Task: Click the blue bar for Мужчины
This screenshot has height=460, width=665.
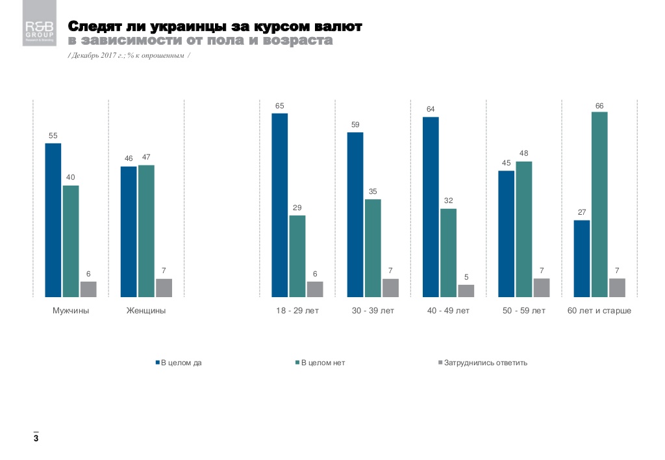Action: pyautogui.click(x=53, y=220)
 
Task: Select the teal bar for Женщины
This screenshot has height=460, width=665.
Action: pyautogui.click(x=146, y=231)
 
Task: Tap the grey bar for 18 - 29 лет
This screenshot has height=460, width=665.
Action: pyautogui.click(x=315, y=289)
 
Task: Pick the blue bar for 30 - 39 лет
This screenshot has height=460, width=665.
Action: pyautogui.click(x=355, y=215)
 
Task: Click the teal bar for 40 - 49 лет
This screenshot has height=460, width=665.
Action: pyautogui.click(x=448, y=252)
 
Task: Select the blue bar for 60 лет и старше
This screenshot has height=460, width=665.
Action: pyautogui.click(x=582, y=258)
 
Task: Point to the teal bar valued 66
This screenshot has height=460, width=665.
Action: pyautogui.click(x=599, y=204)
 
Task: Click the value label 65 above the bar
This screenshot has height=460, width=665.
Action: pyautogui.click(x=280, y=105)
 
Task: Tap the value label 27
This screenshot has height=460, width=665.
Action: pyautogui.click(x=582, y=212)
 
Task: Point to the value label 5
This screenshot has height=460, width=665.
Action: pyautogui.click(x=466, y=277)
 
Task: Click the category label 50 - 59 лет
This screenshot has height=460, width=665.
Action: pyautogui.click(x=524, y=311)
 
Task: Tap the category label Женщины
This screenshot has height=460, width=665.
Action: pyautogui.click(x=146, y=311)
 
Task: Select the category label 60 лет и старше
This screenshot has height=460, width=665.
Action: pyautogui.click(x=599, y=311)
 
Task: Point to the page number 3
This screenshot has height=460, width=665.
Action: pyautogui.click(x=36, y=439)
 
